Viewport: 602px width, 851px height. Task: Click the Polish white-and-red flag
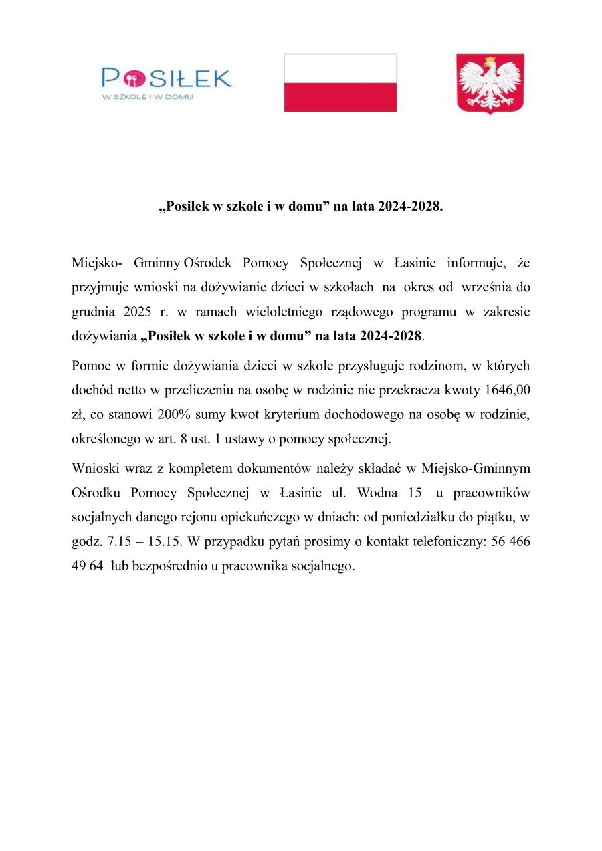click(x=340, y=83)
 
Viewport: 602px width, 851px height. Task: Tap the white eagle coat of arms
click(x=490, y=84)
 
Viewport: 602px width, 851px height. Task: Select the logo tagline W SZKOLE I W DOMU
click(x=147, y=97)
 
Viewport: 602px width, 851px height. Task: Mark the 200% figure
click(x=174, y=414)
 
